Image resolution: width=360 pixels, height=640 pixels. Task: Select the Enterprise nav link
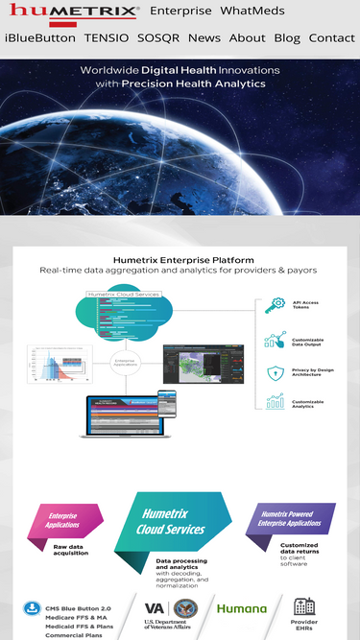(x=180, y=12)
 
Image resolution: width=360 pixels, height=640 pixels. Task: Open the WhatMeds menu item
(x=252, y=12)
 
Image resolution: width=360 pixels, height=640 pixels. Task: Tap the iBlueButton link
(x=39, y=38)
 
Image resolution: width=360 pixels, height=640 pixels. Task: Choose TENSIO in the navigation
(x=106, y=38)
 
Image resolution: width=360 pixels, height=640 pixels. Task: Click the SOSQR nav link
(x=158, y=38)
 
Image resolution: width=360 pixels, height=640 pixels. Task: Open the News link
(x=204, y=38)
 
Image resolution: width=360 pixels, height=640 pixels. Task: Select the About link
(x=247, y=38)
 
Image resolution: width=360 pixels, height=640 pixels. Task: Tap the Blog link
(x=287, y=38)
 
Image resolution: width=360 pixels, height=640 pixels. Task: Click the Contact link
(x=331, y=38)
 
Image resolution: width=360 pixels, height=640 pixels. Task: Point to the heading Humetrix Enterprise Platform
(x=183, y=259)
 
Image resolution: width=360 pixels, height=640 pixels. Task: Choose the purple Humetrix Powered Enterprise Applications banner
(x=291, y=519)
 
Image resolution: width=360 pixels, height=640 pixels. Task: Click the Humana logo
(x=241, y=608)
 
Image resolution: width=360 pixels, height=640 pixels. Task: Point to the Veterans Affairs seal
(x=183, y=608)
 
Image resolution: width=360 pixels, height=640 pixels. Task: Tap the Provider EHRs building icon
(x=303, y=605)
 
